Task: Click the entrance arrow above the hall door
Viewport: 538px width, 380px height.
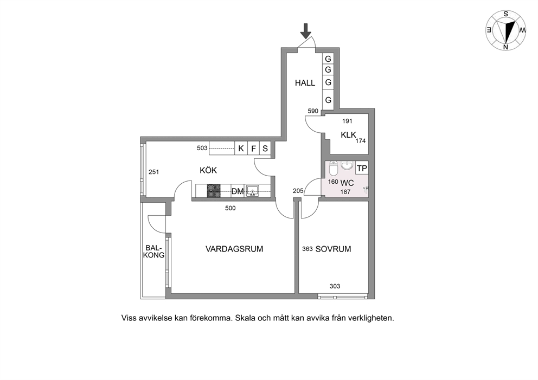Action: (305, 31)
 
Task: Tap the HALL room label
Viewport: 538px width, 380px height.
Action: (305, 83)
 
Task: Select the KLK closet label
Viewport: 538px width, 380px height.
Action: (348, 135)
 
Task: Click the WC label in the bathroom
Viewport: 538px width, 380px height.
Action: (347, 183)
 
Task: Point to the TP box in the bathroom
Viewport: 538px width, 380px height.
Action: (362, 169)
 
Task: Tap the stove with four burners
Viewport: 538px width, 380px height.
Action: (214, 191)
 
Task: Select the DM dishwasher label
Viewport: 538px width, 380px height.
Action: (238, 191)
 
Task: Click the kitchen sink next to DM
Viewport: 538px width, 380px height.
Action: (253, 191)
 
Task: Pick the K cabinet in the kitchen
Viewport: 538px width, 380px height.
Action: (241, 148)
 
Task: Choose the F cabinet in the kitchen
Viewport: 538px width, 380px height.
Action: (254, 148)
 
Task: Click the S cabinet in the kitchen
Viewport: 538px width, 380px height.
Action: (265, 148)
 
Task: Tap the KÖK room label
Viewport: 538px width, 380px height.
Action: (208, 170)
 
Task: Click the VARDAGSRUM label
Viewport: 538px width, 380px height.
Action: (234, 249)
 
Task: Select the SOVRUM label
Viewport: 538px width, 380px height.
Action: (333, 249)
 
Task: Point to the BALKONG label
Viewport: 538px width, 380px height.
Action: (154, 252)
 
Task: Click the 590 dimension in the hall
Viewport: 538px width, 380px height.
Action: (313, 111)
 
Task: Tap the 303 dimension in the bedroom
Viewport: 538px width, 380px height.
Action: (335, 286)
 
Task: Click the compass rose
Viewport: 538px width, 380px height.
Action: (506, 30)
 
